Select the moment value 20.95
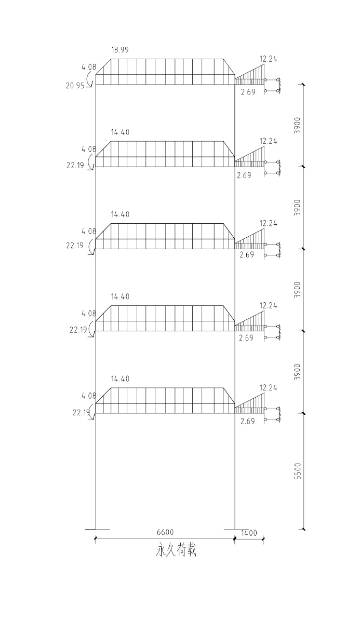(75, 85)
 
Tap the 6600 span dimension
(165, 533)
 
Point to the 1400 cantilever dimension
(249, 533)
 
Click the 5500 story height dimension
(298, 470)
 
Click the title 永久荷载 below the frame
(176, 551)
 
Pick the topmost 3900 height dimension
(298, 125)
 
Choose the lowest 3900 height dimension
(298, 372)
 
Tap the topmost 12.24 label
(269, 59)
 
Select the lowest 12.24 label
(269, 387)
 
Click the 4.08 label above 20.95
(88, 67)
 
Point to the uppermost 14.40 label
(120, 132)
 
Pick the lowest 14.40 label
(120, 379)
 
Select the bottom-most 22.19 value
(82, 412)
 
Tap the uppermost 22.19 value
(75, 166)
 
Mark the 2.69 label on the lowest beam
(248, 421)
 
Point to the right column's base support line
(235, 529)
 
